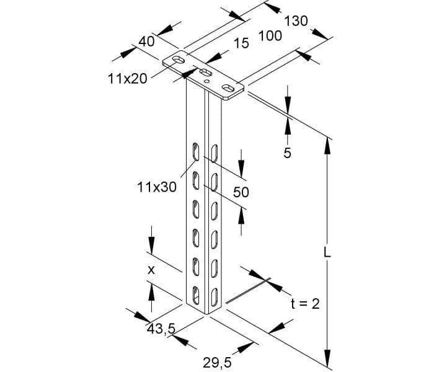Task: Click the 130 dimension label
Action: pos(296,21)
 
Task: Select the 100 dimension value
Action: pos(270,36)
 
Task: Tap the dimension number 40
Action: pos(146,42)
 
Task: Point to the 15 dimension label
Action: pos(242,43)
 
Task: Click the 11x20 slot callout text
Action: pos(128,79)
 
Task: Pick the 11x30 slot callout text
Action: pos(157,187)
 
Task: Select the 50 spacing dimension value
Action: pos(241,192)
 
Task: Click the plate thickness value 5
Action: pos(287,153)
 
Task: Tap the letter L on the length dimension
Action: pos(327,252)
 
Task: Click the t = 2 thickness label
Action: pos(305,304)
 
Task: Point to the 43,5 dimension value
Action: pos(161,329)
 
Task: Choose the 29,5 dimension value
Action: pos(217,363)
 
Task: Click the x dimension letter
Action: pos(151,270)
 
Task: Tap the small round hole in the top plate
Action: pos(206,81)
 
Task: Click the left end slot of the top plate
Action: pos(179,60)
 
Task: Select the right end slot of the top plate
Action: pos(228,88)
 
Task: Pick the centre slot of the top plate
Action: pos(205,72)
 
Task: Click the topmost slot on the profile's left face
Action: pos(195,152)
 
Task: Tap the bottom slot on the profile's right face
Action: pos(214,297)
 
